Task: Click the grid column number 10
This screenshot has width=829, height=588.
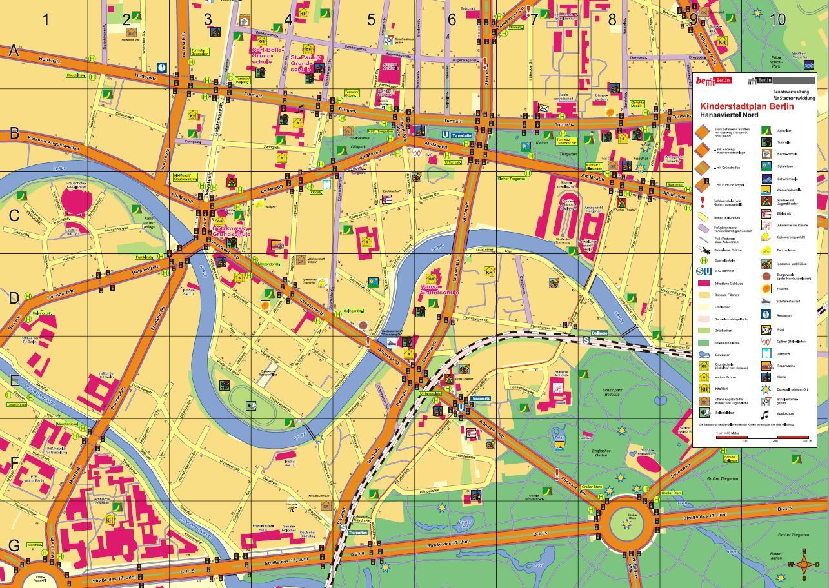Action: pos(778,19)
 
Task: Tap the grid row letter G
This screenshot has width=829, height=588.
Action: pos(14,545)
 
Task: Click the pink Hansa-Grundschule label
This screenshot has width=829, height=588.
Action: pos(439,289)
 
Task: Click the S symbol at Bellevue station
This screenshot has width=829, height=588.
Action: pos(586,340)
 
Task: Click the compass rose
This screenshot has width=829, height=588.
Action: pos(804,565)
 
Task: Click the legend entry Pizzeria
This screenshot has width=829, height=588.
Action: pos(783,289)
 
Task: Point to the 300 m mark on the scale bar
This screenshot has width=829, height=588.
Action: pos(806,441)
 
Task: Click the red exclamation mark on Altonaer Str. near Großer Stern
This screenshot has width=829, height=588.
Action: pos(557,475)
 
